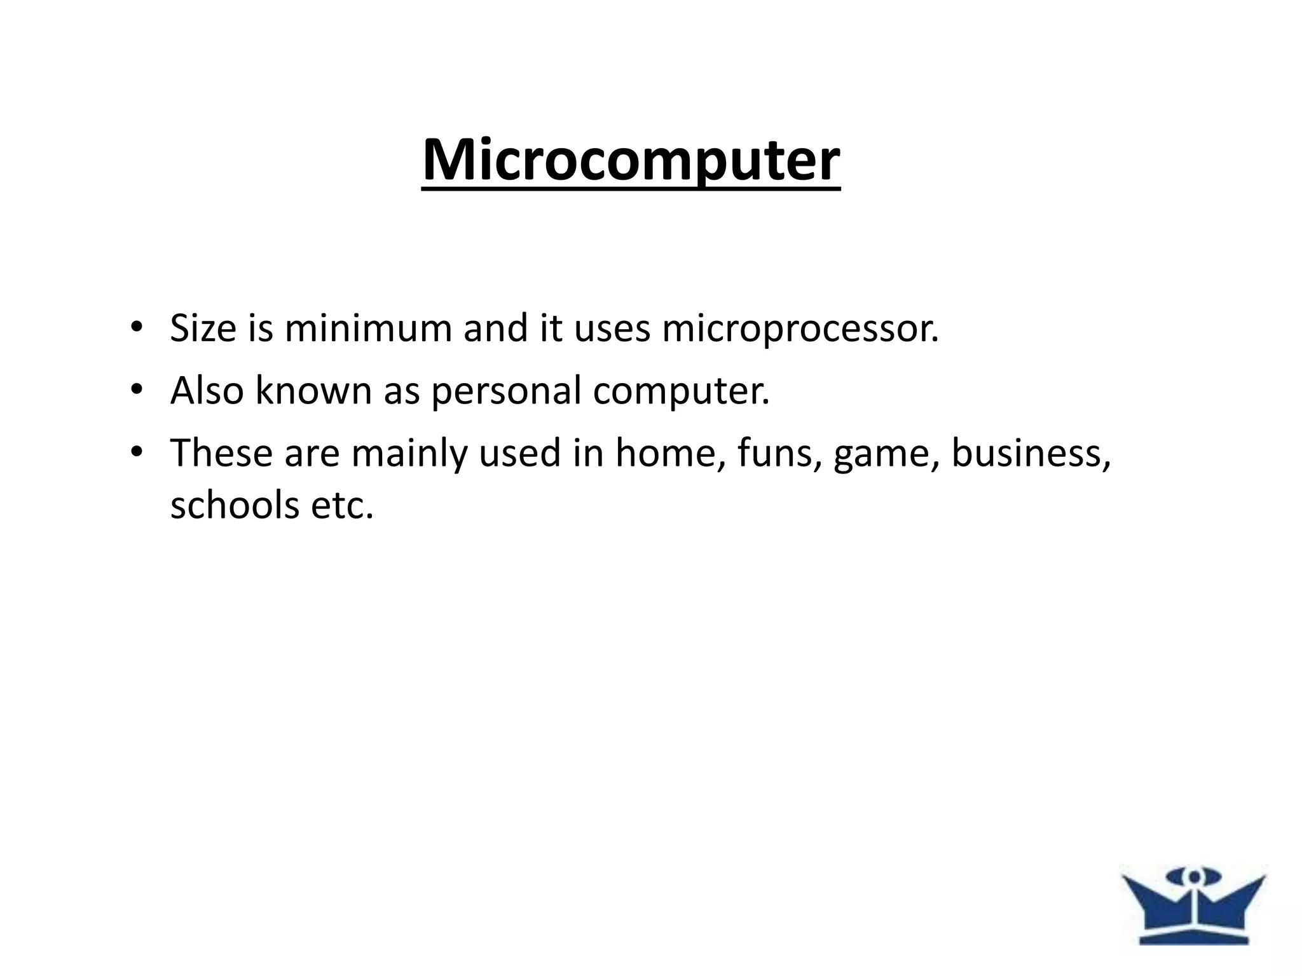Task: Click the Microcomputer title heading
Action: coord(631,160)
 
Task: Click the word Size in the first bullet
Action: coord(203,329)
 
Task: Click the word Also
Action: coord(207,390)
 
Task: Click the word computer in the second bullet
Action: coord(681,391)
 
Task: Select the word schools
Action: coord(235,505)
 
